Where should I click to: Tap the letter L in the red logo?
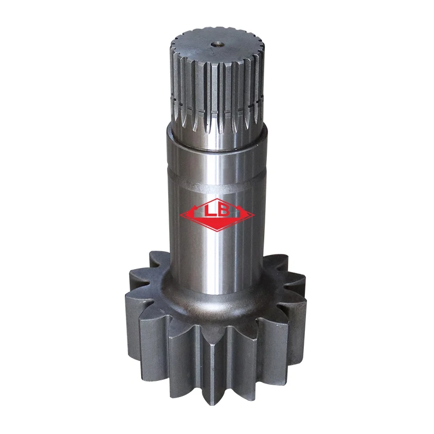pos(208,211)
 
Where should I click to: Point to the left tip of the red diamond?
pos(181,215)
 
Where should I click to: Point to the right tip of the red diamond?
pos(254,215)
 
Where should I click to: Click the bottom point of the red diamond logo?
pos(217,231)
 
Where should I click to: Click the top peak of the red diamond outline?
pos(217,199)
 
